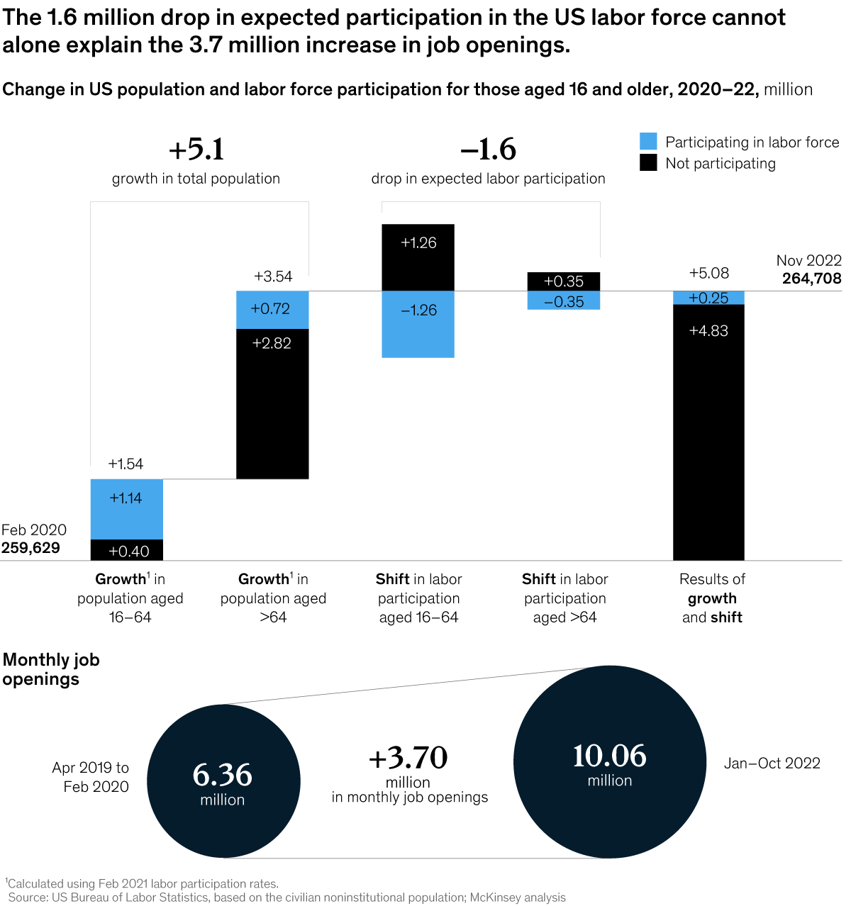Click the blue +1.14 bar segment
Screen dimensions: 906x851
click(x=127, y=509)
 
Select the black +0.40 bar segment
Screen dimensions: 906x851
click(x=127, y=550)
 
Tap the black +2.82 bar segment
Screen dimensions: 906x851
click(x=272, y=404)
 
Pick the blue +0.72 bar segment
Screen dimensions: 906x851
click(x=272, y=310)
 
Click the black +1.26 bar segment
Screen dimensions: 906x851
click(x=418, y=257)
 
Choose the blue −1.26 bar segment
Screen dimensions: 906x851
click(x=418, y=325)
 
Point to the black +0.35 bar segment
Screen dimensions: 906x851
click(x=564, y=281)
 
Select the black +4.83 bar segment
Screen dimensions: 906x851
click(x=708, y=432)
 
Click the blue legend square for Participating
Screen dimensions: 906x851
click(x=648, y=141)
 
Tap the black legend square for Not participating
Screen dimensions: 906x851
click(x=648, y=163)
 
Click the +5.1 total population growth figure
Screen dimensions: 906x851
click(x=196, y=150)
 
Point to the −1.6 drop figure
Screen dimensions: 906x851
click(x=489, y=150)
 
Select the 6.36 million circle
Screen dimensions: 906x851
click(x=223, y=781)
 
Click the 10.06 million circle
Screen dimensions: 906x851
click(x=609, y=762)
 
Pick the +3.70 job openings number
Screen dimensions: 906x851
click(x=408, y=758)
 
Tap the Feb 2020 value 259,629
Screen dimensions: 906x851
click(x=30, y=548)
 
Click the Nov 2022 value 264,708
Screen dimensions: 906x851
click(x=812, y=279)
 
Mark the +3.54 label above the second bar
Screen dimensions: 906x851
click(x=273, y=276)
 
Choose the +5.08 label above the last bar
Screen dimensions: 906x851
click(x=709, y=273)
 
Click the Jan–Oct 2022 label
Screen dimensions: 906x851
click(x=772, y=764)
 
